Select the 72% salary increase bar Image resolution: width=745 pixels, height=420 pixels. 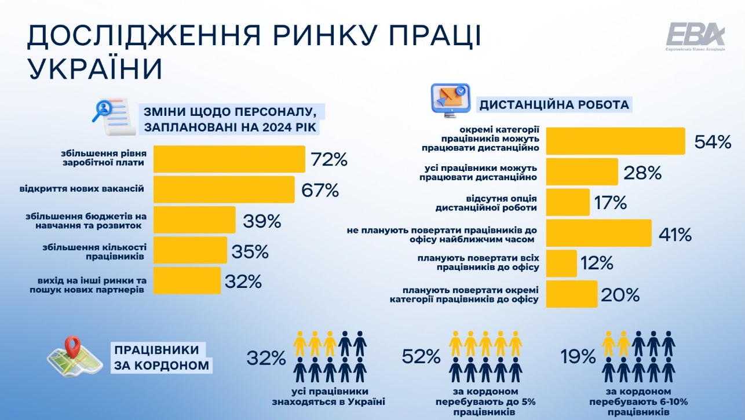(x=229, y=159)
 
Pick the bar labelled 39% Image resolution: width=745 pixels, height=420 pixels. (x=194, y=220)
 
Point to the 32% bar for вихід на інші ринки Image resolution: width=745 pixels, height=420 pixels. (x=187, y=281)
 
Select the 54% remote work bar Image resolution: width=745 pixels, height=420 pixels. (x=616, y=141)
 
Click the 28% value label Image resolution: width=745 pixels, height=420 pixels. (x=642, y=172)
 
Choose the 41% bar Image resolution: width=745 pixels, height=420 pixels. (x=599, y=233)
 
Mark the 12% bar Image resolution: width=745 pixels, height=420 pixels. (x=561, y=264)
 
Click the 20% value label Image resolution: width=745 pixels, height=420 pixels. (x=620, y=295)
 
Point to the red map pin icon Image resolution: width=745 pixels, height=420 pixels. (x=72, y=348)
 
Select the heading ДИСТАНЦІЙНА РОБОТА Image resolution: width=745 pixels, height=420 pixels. (x=554, y=105)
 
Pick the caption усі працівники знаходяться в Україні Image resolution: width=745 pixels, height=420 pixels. (x=331, y=397)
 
